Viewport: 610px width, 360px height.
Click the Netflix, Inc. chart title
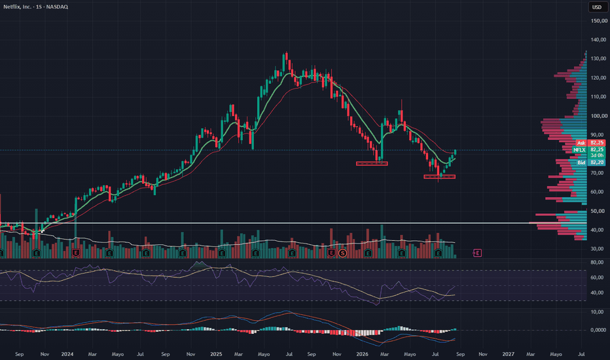35,7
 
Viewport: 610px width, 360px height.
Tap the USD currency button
597,7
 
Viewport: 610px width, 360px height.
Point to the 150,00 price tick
598,21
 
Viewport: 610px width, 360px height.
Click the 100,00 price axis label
598,116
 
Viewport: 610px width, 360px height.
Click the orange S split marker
342,253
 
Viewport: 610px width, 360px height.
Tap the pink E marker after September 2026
477,253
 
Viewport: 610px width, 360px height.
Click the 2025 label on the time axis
216,354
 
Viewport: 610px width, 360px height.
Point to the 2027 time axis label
508,354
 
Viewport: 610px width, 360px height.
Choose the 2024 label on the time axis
67,354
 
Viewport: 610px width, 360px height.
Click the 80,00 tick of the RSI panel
597,262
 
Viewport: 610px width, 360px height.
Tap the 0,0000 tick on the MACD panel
598,330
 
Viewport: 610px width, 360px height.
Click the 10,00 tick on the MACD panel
597,312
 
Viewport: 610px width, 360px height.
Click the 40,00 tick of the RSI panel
597,293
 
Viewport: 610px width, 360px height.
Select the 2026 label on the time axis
362,354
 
